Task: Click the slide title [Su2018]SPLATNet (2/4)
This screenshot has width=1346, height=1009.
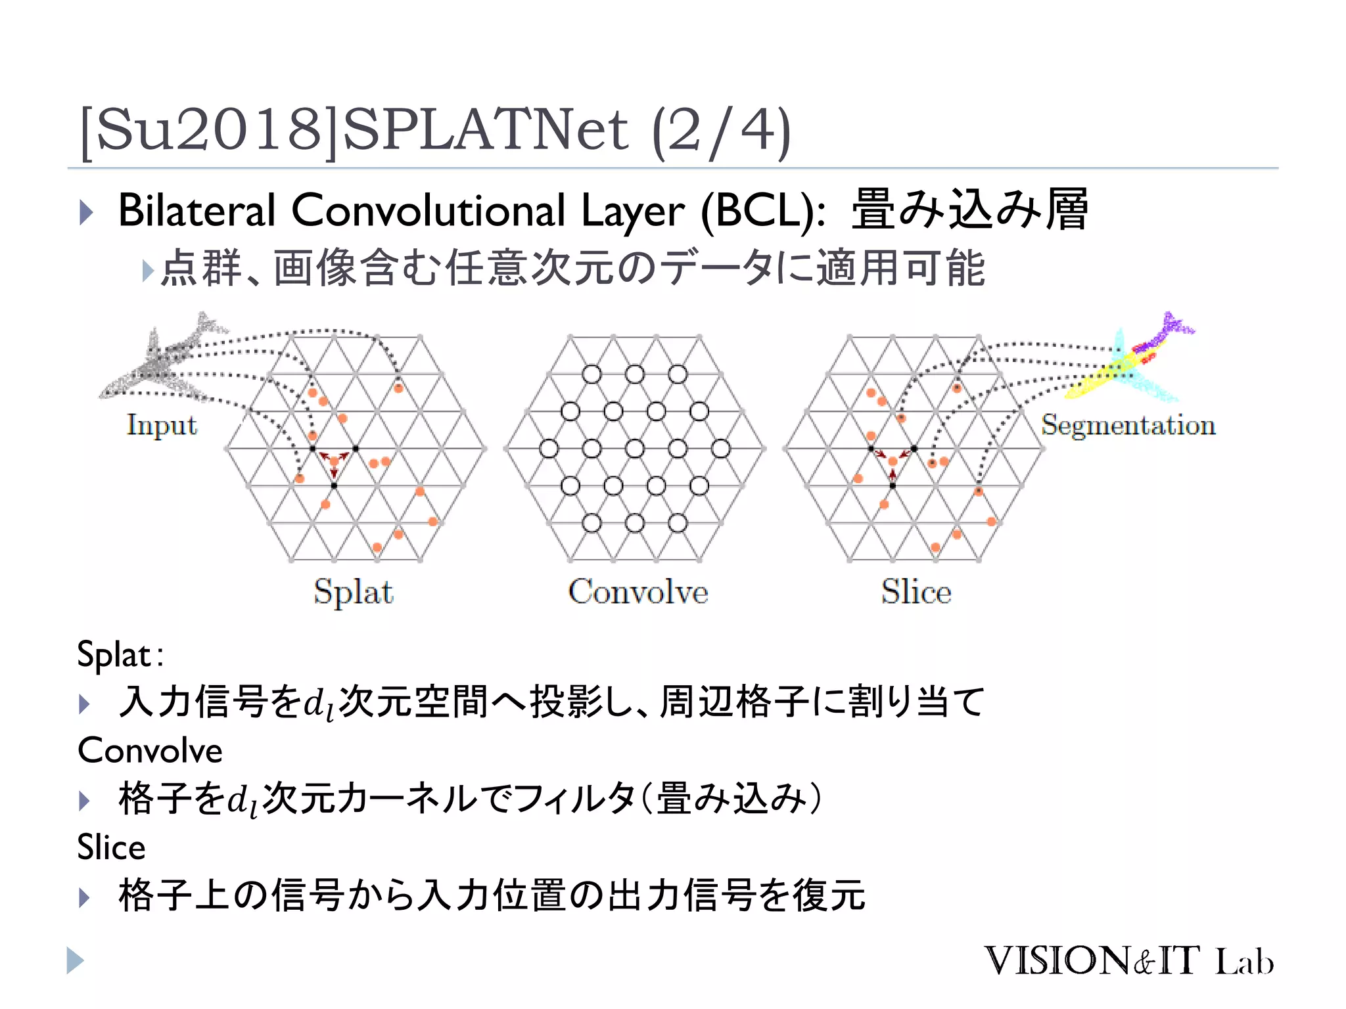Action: pos(434,131)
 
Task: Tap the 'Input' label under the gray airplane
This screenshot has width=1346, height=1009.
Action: pos(162,425)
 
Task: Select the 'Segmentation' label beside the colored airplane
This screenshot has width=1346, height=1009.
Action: pos(1128,425)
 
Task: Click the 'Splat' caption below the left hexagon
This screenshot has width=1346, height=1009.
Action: pos(354,591)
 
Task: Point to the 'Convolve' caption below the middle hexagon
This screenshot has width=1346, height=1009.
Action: pos(638,591)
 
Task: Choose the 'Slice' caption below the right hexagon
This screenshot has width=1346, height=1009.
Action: pos(916,591)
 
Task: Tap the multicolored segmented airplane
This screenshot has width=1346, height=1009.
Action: pos(1130,358)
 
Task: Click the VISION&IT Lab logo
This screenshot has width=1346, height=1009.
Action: pos(1128,961)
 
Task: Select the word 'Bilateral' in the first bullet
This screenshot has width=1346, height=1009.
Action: pos(196,211)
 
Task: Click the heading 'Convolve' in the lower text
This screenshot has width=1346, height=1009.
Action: pos(150,750)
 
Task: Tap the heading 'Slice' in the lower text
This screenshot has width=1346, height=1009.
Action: pos(111,847)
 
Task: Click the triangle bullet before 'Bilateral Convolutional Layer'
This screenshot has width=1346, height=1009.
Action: pos(86,212)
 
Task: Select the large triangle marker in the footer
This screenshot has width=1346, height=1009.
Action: pos(75,960)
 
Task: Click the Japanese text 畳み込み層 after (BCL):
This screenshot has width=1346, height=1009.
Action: pos(969,210)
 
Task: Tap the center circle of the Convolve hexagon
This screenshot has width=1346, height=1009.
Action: pos(634,449)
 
